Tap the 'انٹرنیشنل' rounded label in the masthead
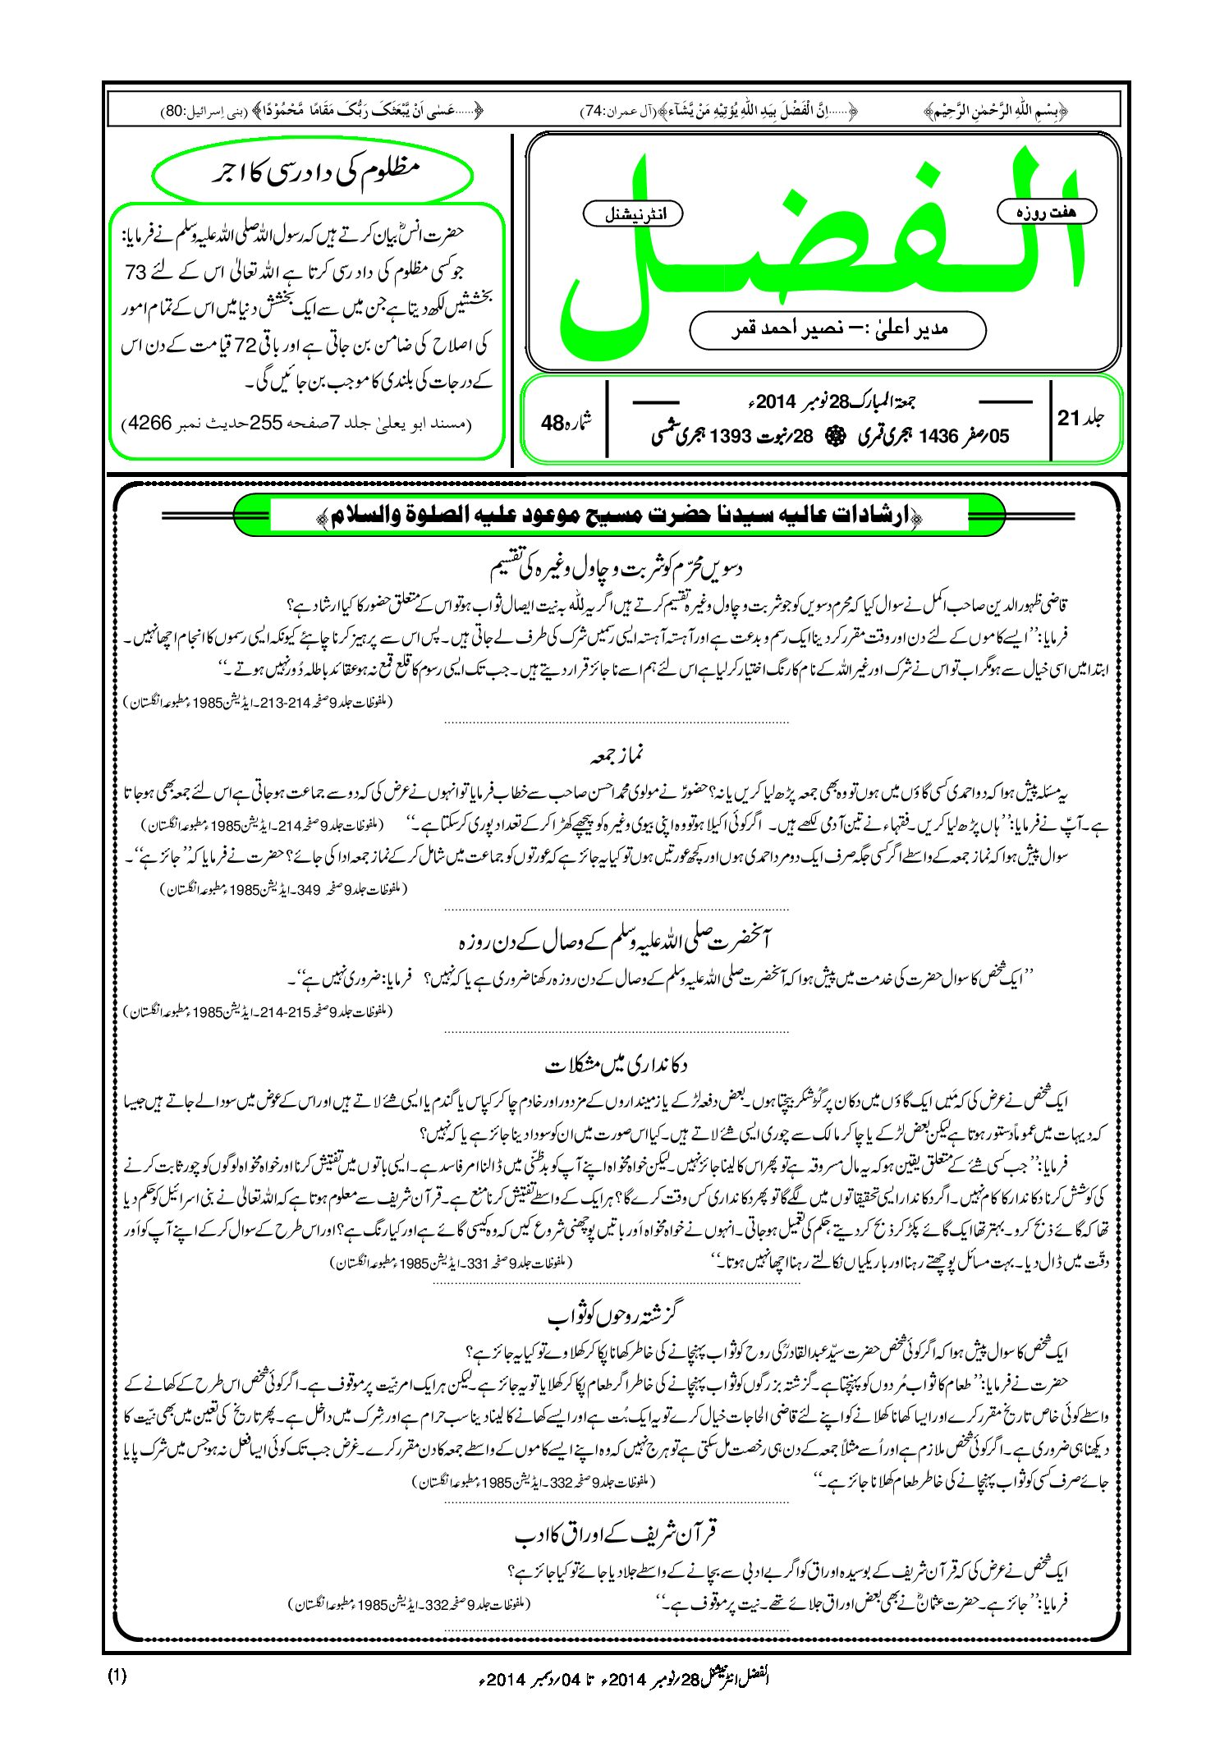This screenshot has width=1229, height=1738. (x=632, y=214)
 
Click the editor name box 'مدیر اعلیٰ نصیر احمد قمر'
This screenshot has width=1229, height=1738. (x=837, y=329)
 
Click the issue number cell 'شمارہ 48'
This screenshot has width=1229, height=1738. (x=566, y=423)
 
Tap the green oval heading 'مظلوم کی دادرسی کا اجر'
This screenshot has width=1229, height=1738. (x=313, y=175)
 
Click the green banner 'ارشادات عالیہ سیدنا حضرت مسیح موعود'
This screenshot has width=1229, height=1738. (x=620, y=516)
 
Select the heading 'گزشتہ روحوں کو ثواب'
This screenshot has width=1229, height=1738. (x=616, y=1315)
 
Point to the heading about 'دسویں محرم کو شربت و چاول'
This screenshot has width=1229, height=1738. (x=616, y=568)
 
